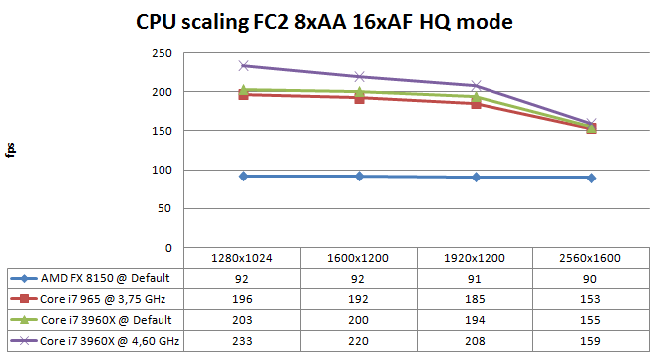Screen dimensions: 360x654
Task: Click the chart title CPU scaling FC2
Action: tap(324, 21)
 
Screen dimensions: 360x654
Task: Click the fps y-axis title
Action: tap(11, 150)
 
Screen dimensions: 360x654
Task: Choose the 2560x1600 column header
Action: tap(591, 257)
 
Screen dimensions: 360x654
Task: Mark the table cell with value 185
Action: tap(477, 298)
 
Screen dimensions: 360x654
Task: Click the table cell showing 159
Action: tap(591, 340)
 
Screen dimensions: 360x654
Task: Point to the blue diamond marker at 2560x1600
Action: tap(591, 178)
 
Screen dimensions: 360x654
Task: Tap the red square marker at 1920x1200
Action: tap(477, 104)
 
